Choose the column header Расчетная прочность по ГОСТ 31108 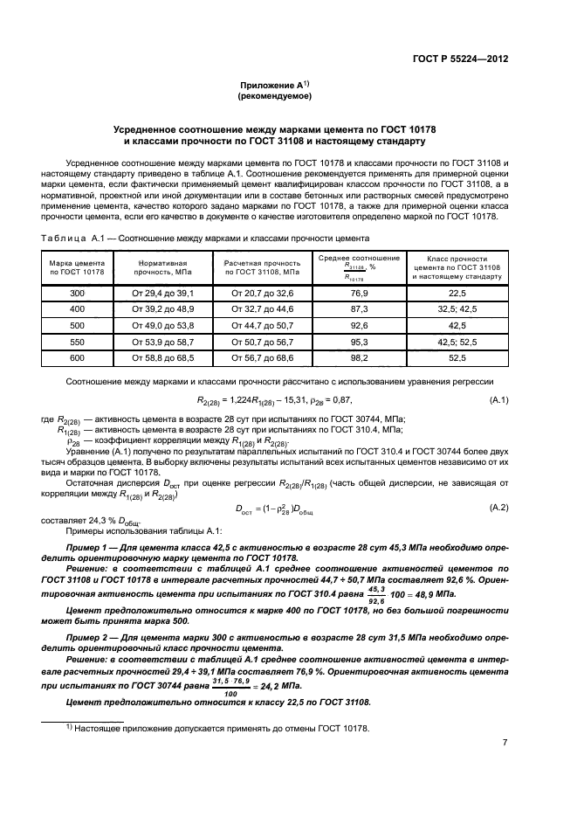[x=263, y=267]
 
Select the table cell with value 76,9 [x=359, y=294]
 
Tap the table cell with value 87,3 [x=359, y=309]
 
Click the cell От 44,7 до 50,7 [x=263, y=325]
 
